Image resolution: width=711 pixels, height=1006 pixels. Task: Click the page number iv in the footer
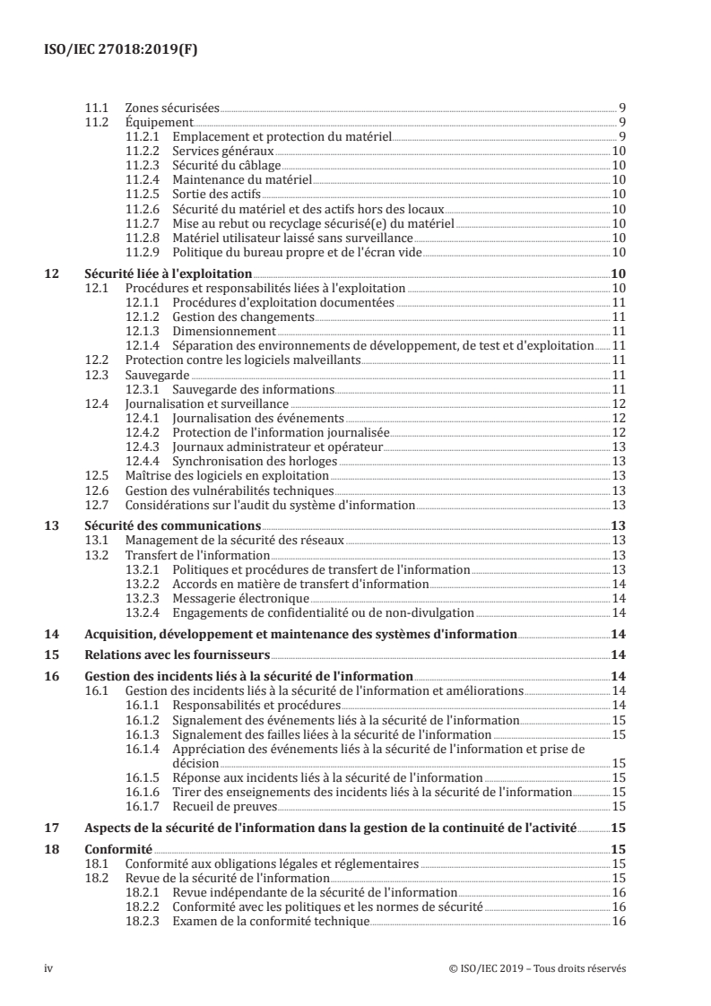[49, 968]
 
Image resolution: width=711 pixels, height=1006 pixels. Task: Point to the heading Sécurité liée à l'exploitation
[168, 273]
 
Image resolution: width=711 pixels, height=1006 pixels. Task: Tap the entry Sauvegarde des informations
[253, 389]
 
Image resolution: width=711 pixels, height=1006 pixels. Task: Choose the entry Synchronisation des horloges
[255, 461]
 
